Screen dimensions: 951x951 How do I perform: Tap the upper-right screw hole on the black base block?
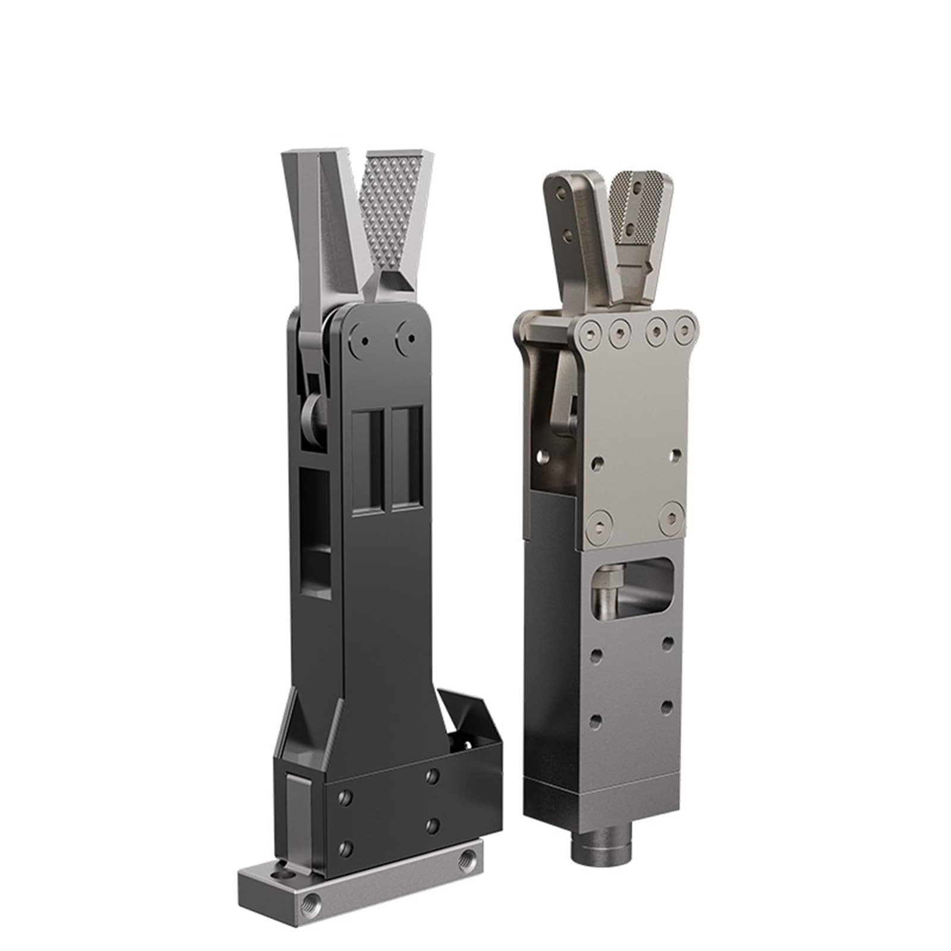pos(432,776)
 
